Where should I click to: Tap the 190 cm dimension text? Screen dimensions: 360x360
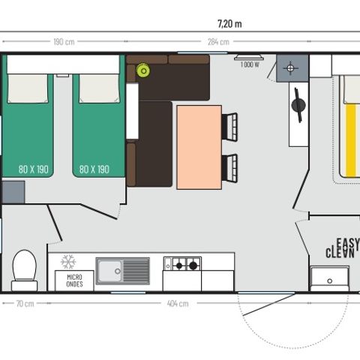[63, 41]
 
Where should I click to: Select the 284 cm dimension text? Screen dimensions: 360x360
[218, 41]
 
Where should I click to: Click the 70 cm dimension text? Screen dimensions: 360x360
[25, 303]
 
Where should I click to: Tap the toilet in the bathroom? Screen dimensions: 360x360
[25, 269]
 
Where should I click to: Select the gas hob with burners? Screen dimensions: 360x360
[182, 264]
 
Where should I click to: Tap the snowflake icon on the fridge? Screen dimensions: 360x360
[68, 261]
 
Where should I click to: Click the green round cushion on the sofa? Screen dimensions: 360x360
[142, 70]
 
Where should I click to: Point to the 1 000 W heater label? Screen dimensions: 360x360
[250, 65]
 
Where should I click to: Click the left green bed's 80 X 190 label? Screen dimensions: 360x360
[32, 169]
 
